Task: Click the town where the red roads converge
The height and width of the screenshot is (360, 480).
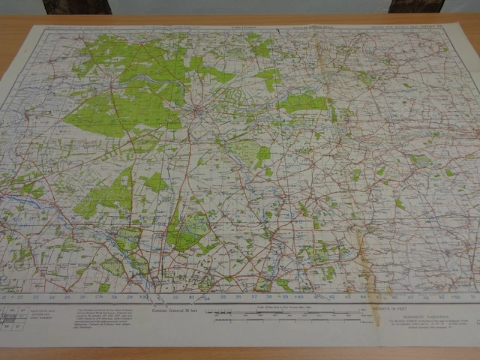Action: tap(196, 112)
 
